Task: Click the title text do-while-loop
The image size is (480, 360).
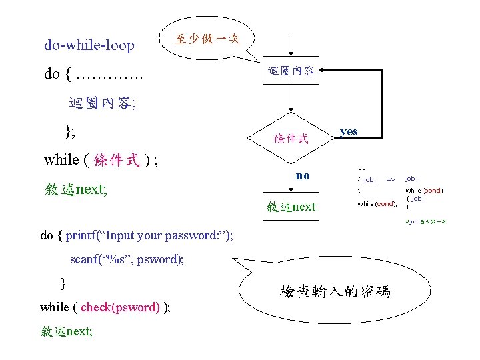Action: pyautogui.click(x=89, y=45)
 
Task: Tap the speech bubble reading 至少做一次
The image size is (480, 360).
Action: pyautogui.click(x=207, y=38)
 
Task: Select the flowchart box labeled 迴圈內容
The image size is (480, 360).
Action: pyautogui.click(x=291, y=70)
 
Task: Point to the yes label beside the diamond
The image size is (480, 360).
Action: pyautogui.click(x=349, y=131)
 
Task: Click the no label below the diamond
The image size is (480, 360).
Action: pyautogui.click(x=303, y=175)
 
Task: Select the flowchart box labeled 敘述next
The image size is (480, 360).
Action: pyautogui.click(x=291, y=207)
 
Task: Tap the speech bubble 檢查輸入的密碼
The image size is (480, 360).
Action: pyautogui.click(x=335, y=292)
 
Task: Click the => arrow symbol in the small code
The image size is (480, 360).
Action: pyautogui.click(x=391, y=179)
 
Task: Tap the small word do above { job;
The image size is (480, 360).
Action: pyautogui.click(x=361, y=168)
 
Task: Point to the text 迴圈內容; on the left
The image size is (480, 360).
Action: pyautogui.click(x=102, y=103)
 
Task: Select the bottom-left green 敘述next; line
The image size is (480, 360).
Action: pyautogui.click(x=66, y=331)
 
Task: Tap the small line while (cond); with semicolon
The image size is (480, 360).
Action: pyautogui.click(x=377, y=203)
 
